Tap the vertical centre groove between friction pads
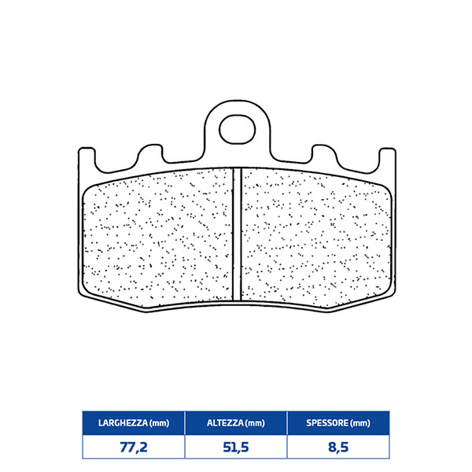(238, 234)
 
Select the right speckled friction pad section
(316, 238)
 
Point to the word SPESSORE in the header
(328, 423)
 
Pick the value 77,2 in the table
(134, 448)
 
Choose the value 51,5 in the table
(236, 448)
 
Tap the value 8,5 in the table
(338, 448)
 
